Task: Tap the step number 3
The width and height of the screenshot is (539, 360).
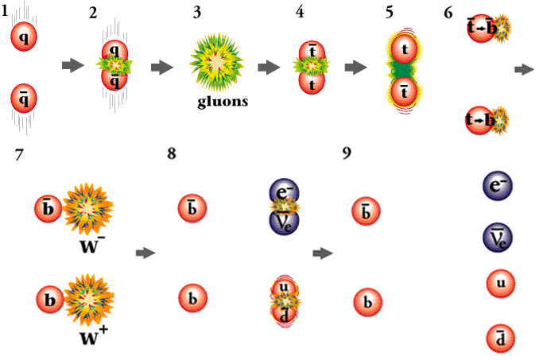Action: [x=196, y=14]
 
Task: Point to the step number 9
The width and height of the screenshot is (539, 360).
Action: [x=347, y=152]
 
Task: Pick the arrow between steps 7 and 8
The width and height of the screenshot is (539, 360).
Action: [x=145, y=253]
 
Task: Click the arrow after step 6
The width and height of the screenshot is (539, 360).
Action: [x=523, y=71]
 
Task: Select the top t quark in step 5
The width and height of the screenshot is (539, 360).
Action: [x=405, y=50]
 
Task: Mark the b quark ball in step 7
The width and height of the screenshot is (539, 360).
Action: [x=49, y=301]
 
